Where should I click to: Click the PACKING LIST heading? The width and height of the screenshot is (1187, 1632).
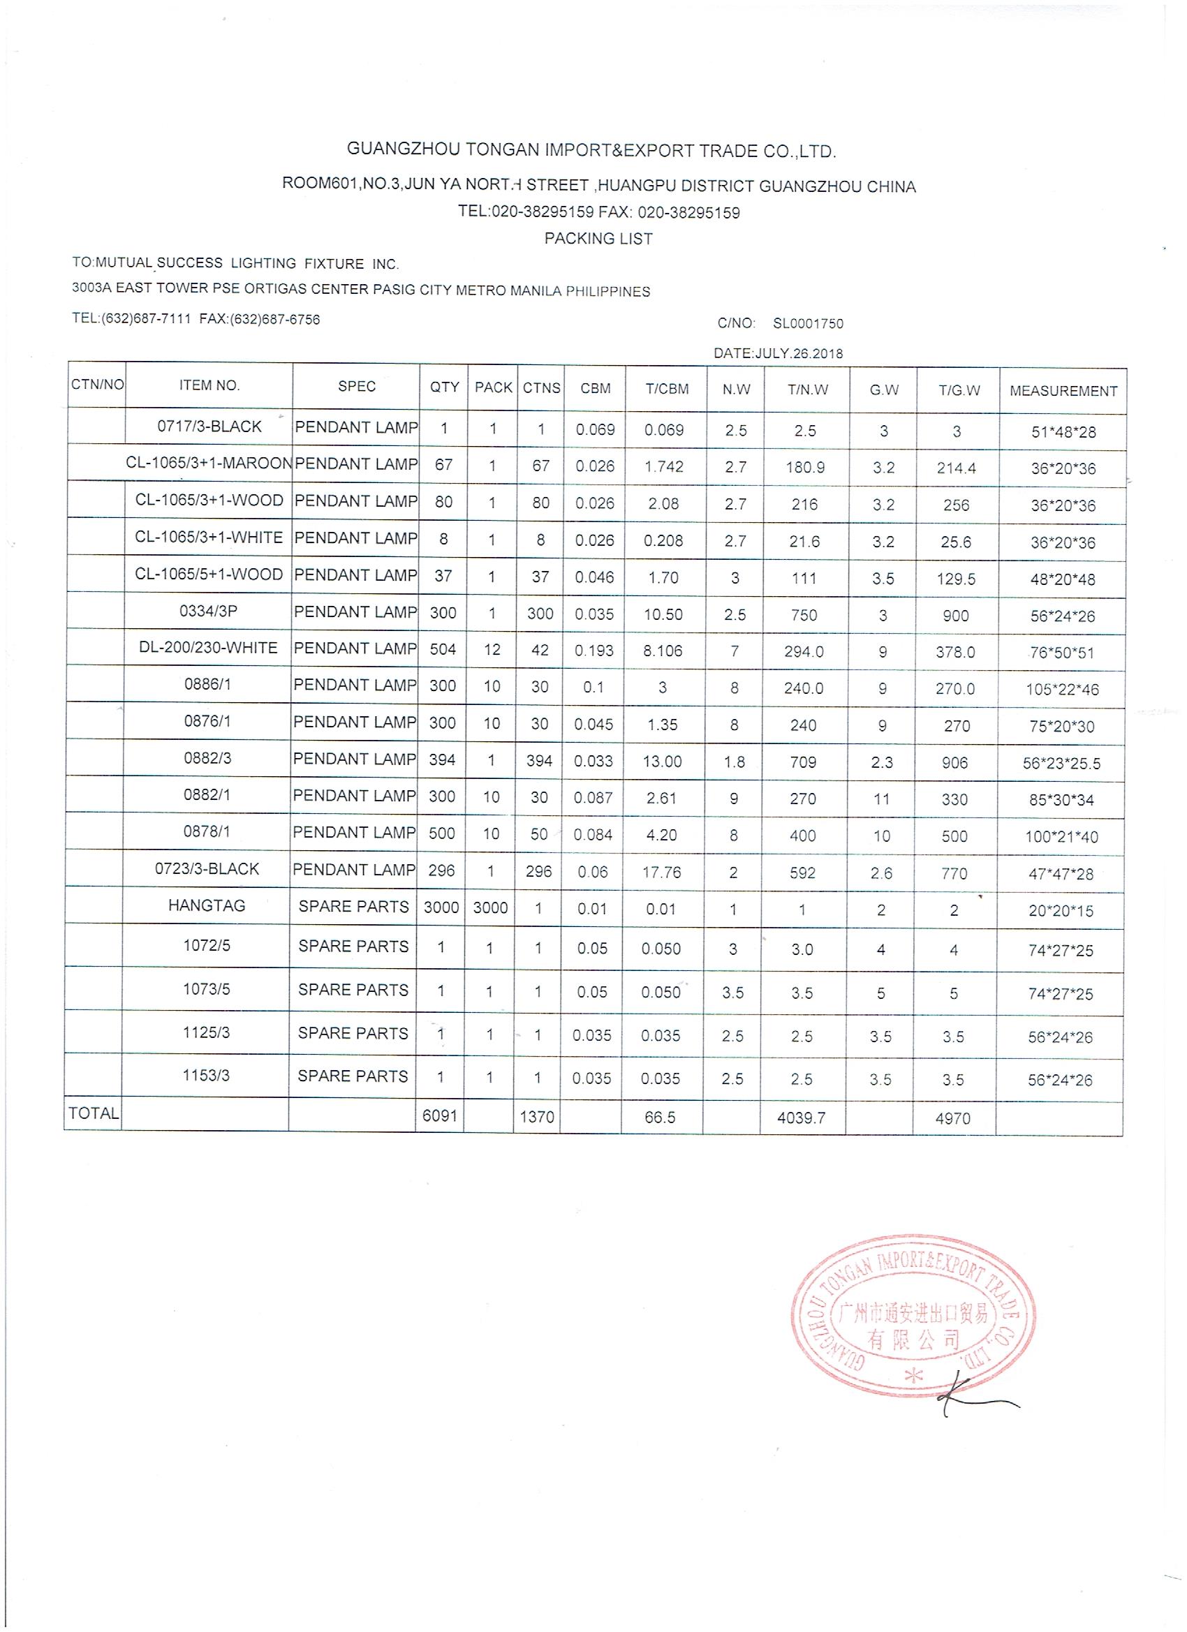point(598,239)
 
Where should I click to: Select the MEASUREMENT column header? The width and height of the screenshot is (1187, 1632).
point(1063,392)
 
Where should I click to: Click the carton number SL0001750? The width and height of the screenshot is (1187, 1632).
point(808,324)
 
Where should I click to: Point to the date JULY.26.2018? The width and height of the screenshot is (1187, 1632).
point(798,354)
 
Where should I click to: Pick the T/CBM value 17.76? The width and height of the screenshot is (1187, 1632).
point(661,872)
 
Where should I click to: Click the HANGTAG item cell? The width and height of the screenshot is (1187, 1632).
point(207,906)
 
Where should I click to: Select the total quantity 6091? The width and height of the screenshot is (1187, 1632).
point(440,1115)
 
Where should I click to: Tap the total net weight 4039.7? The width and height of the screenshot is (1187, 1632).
point(800,1118)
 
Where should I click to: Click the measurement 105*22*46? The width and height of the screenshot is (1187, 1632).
point(1062,690)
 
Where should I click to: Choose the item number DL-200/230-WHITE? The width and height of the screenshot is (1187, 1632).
point(208,648)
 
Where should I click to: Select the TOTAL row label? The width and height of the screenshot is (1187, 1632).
point(94,1114)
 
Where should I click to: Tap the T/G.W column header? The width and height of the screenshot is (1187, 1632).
point(959,390)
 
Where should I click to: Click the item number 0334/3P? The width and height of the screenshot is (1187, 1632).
point(208,611)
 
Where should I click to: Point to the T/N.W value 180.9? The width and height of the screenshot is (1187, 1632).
point(805,468)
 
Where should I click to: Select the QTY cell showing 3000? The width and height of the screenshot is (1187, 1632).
point(441,908)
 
